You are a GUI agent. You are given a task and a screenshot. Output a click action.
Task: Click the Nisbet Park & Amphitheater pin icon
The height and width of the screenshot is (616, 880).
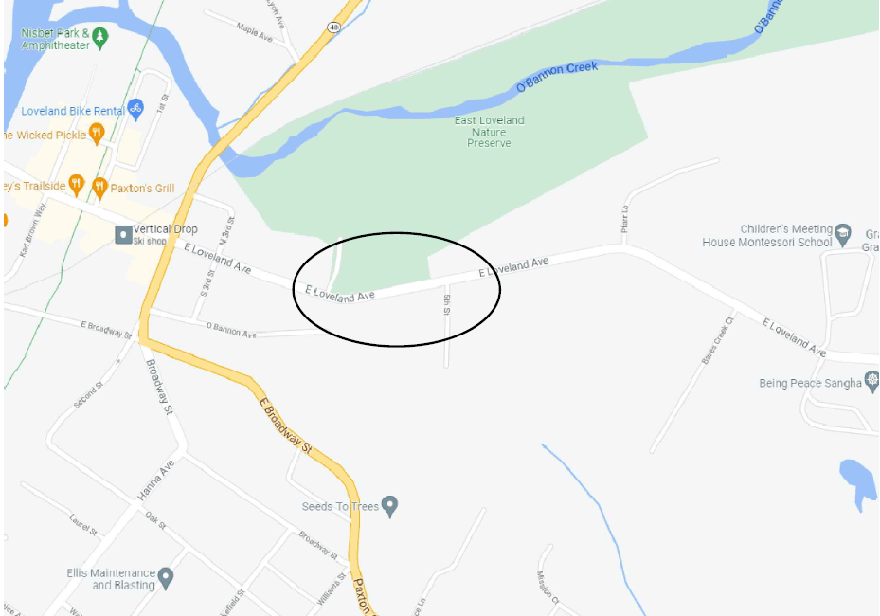(x=100, y=39)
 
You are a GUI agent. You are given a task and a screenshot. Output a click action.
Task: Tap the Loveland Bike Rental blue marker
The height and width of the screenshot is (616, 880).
(x=135, y=109)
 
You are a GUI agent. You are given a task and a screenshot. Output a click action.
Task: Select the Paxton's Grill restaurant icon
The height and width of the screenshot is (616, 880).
(x=99, y=187)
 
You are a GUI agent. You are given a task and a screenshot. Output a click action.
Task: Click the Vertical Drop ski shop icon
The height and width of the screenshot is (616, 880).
(x=123, y=234)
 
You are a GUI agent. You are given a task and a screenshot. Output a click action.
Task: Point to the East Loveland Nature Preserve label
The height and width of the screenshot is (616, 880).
(x=489, y=132)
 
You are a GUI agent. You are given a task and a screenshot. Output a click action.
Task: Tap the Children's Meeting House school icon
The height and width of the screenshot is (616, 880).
(x=844, y=231)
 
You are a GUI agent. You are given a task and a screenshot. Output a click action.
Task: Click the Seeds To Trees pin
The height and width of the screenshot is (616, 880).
(x=389, y=506)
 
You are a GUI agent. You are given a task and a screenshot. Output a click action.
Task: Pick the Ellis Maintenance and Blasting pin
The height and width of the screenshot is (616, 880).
(x=166, y=576)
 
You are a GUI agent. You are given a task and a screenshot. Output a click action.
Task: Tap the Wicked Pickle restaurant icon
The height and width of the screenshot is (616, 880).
(x=96, y=135)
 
